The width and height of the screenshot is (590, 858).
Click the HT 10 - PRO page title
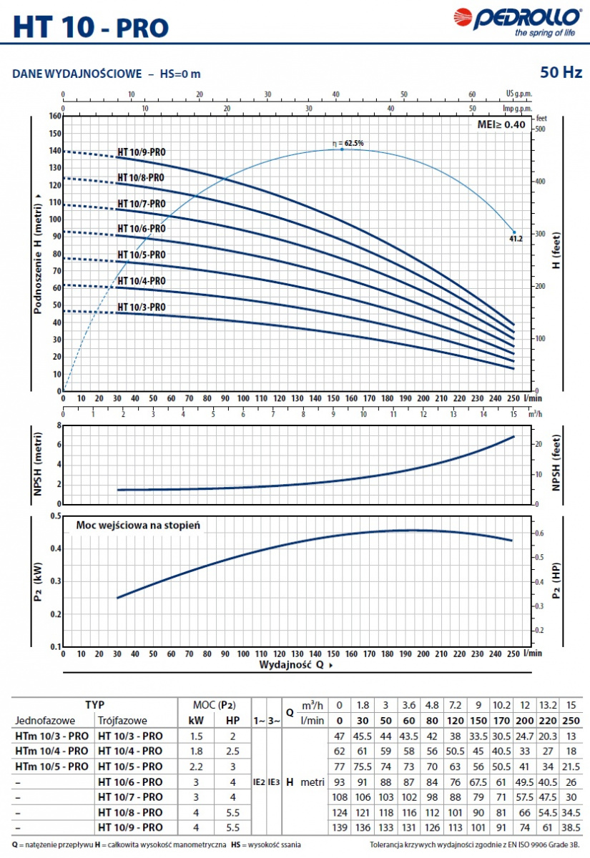92,26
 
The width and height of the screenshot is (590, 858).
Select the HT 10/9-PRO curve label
142,152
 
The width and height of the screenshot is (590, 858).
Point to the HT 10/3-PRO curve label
142,307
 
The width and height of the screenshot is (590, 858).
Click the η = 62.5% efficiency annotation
348,143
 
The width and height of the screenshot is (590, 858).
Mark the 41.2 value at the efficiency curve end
516,239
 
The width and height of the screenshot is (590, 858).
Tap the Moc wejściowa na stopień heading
138,525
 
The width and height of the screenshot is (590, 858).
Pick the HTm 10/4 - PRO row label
51,751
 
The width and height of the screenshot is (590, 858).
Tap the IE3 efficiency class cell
274,782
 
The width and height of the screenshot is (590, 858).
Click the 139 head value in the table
340,827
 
